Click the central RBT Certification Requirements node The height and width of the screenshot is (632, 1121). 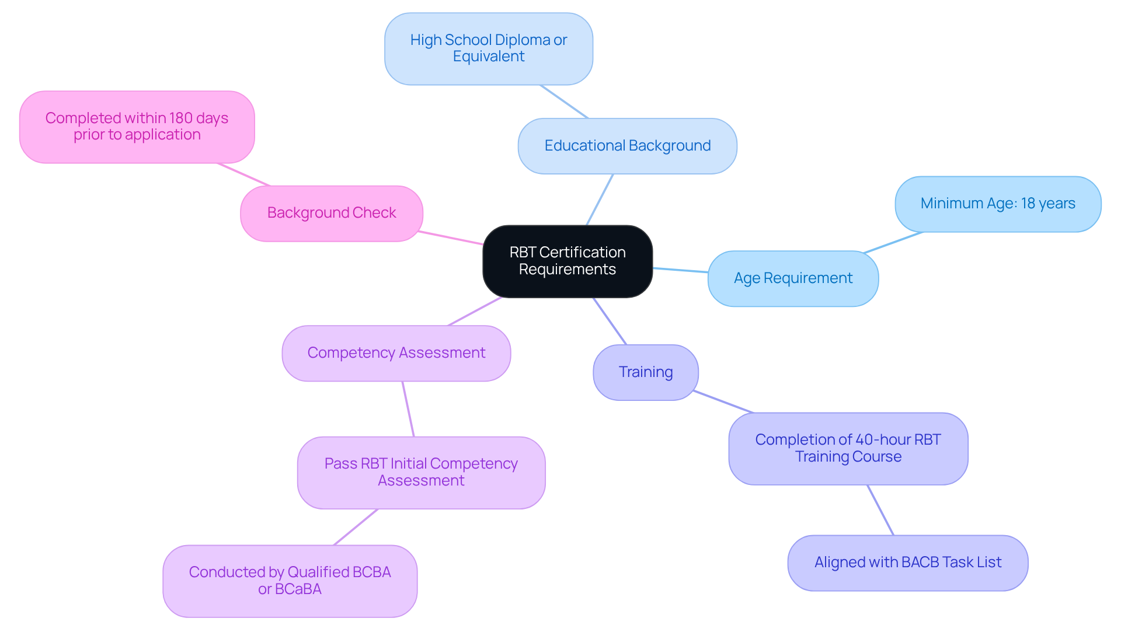click(567, 261)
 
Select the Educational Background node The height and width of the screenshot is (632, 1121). click(627, 146)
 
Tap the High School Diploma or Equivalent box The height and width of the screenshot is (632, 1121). click(489, 48)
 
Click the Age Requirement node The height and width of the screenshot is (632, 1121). click(793, 278)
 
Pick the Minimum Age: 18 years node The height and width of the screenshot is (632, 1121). click(997, 204)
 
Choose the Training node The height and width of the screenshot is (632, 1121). click(645, 372)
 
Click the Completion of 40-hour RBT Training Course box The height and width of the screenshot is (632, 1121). click(848, 448)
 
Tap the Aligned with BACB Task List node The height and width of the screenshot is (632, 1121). click(907, 563)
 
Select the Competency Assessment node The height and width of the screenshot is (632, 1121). click(396, 353)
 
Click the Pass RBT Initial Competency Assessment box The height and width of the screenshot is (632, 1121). click(421, 472)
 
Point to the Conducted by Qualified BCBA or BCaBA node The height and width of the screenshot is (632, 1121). click(290, 581)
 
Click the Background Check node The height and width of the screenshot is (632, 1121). click(331, 213)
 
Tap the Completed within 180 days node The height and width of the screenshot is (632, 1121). click(137, 127)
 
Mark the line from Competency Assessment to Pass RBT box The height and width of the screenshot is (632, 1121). click(408, 409)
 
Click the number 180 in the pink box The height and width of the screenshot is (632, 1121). click(181, 118)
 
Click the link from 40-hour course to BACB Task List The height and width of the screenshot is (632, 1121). click(880, 510)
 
